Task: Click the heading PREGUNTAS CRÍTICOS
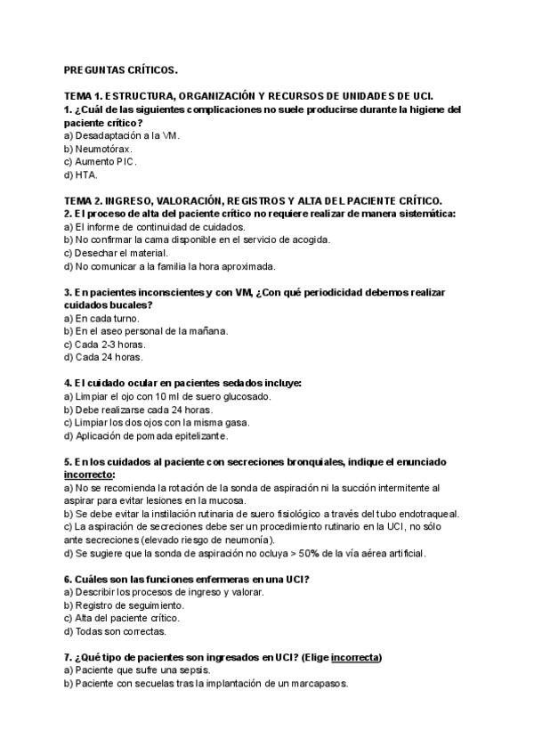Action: tap(121, 69)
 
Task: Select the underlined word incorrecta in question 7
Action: tap(355, 657)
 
